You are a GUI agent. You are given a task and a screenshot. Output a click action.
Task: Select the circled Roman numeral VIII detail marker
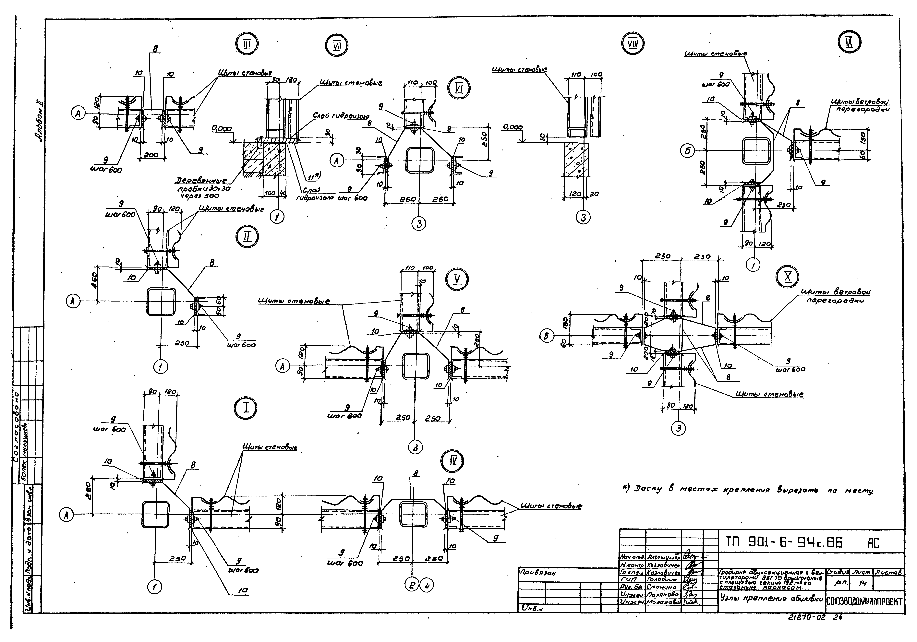[633, 45]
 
